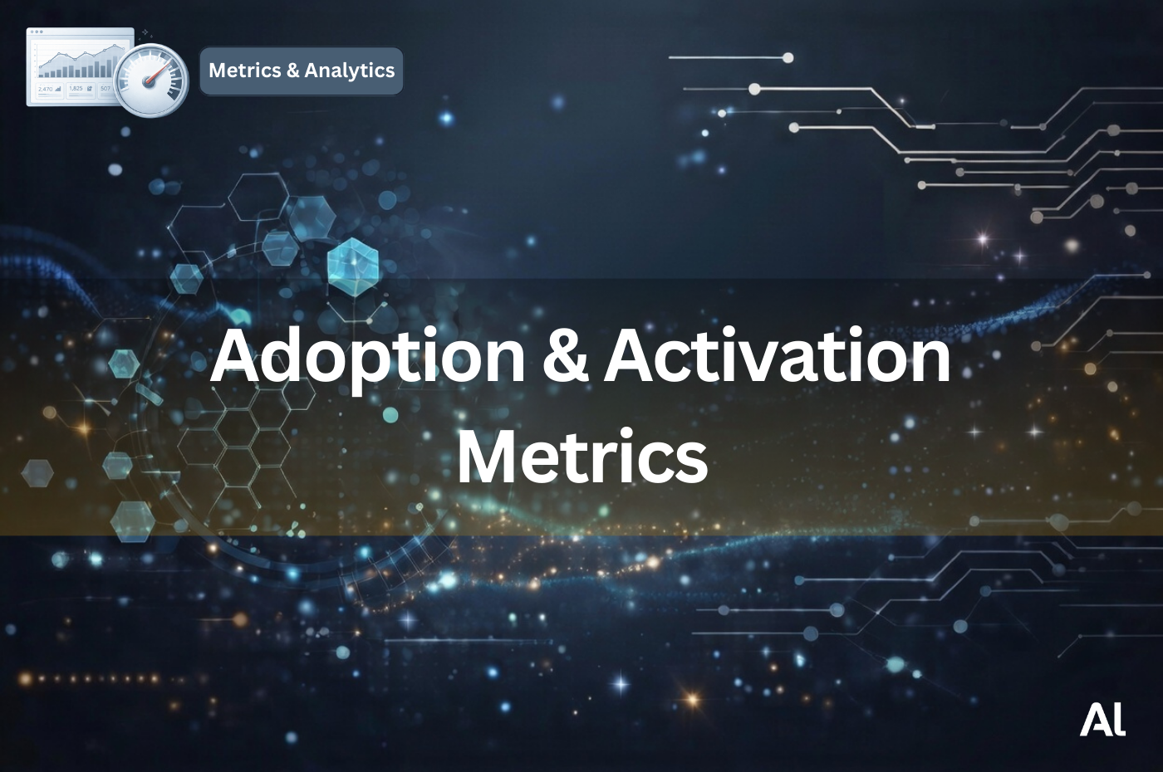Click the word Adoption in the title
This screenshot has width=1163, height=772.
[x=367, y=357]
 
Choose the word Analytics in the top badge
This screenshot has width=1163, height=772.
[x=350, y=71]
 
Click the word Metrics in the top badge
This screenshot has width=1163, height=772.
[x=244, y=71]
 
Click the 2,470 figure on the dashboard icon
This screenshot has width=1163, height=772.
[x=46, y=89]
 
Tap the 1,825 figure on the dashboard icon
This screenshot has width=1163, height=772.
[x=76, y=88]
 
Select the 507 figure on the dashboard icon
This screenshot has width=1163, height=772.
[x=105, y=88]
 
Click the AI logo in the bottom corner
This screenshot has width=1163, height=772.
[x=1102, y=720]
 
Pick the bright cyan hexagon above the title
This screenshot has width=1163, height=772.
[x=353, y=265]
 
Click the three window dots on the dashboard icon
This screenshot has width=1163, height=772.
[x=37, y=32]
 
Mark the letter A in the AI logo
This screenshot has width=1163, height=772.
[x=1094, y=720]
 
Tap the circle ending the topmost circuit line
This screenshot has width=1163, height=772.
[x=788, y=57]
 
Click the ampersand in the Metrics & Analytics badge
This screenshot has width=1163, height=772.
[x=292, y=71]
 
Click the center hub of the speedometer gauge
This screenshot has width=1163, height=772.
[x=150, y=81]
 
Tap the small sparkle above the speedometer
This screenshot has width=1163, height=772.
[x=145, y=32]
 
